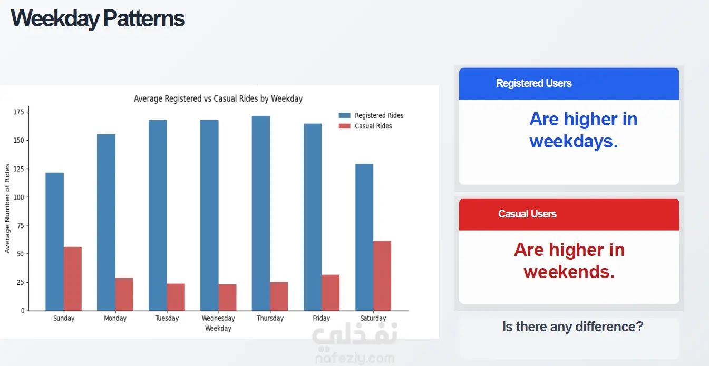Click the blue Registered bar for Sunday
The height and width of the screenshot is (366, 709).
click(x=54, y=242)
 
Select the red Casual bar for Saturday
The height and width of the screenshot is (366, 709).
click(x=382, y=276)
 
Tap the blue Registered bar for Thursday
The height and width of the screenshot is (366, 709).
click(x=261, y=213)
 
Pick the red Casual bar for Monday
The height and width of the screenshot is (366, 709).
click(x=124, y=294)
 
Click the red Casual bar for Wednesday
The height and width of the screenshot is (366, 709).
click(x=227, y=298)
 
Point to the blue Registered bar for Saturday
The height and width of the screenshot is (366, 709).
click(x=364, y=238)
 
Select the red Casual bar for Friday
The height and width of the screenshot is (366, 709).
click(x=331, y=293)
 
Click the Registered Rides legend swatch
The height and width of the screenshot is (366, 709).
click(x=344, y=115)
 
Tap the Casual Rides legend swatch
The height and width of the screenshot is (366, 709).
click(x=344, y=126)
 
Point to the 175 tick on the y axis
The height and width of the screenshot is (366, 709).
click(x=18, y=112)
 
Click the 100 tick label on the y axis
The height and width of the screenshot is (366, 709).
click(x=18, y=197)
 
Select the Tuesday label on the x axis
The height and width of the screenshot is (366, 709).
click(x=167, y=318)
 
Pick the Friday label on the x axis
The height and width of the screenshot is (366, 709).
click(x=321, y=318)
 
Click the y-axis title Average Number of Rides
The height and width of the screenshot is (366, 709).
click(x=7, y=209)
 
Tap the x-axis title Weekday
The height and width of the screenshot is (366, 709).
click(x=218, y=329)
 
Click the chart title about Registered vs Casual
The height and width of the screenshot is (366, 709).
click(x=218, y=98)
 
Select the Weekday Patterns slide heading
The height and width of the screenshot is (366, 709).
click(x=98, y=18)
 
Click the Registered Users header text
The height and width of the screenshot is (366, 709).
click(x=533, y=83)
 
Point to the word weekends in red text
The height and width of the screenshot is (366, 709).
click(x=569, y=272)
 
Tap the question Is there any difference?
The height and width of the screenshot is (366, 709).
click(x=573, y=327)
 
